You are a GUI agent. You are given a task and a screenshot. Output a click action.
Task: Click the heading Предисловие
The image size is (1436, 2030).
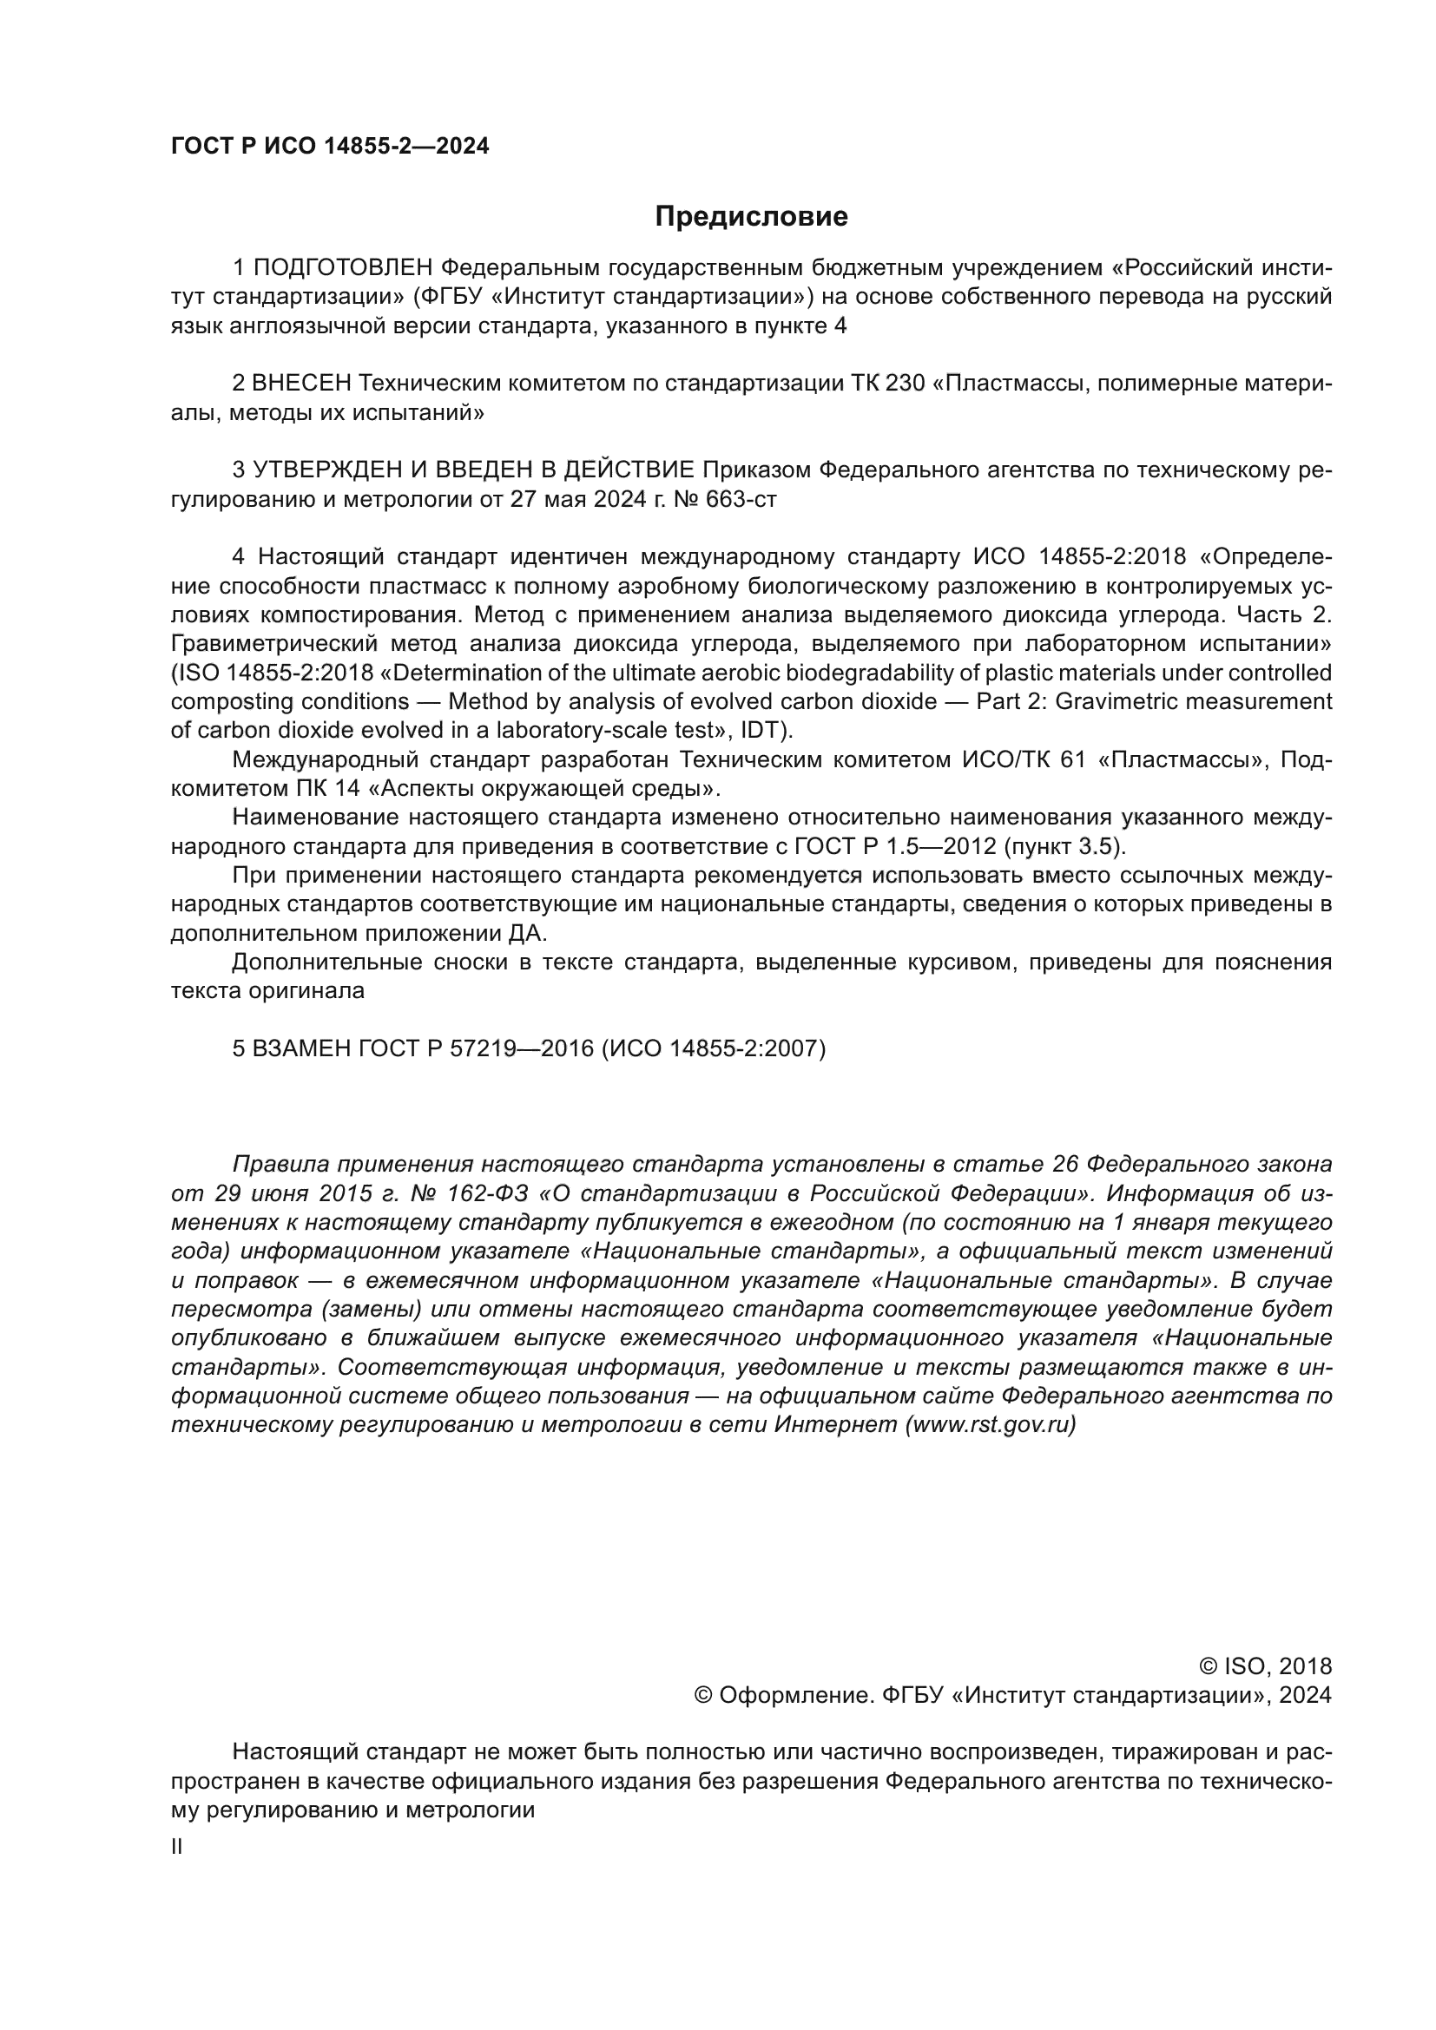tap(751, 217)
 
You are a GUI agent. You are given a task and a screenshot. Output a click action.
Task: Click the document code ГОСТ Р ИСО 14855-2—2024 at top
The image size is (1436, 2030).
tap(330, 147)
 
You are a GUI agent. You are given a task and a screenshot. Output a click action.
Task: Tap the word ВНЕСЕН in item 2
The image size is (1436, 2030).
tap(301, 384)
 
